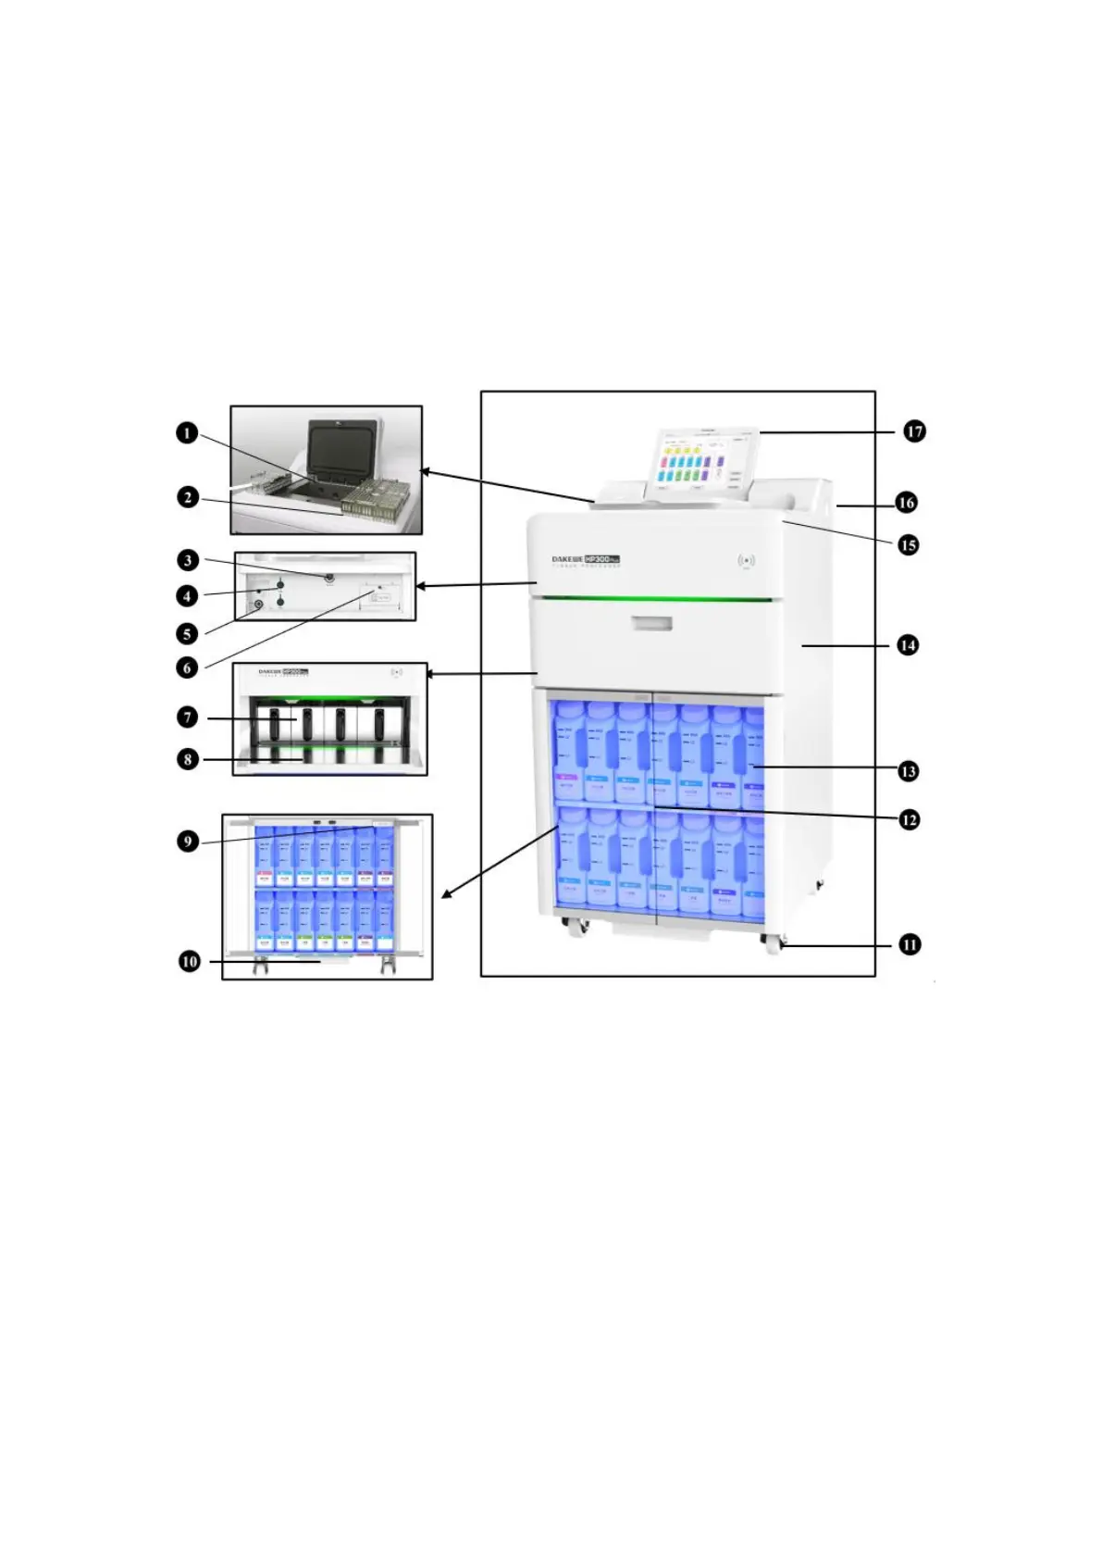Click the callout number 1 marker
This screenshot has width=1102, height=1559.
(188, 433)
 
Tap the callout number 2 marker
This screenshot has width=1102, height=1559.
(188, 498)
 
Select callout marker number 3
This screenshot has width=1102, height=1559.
(188, 560)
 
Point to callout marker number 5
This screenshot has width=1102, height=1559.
(188, 634)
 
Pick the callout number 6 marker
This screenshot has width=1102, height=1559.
(188, 667)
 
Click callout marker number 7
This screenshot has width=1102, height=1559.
(188, 717)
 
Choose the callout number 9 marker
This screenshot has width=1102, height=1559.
(188, 842)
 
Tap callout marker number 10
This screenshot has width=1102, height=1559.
(190, 962)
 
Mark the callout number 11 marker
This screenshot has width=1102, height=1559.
(910, 945)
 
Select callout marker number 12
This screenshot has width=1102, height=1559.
(910, 819)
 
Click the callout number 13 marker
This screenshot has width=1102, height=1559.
(909, 770)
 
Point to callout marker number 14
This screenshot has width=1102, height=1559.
(908, 644)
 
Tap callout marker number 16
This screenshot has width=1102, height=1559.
(906, 503)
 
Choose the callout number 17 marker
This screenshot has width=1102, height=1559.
(914, 431)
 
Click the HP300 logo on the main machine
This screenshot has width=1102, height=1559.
(601, 559)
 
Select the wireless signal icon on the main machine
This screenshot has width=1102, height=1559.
(746, 560)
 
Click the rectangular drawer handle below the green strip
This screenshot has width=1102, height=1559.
(654, 623)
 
